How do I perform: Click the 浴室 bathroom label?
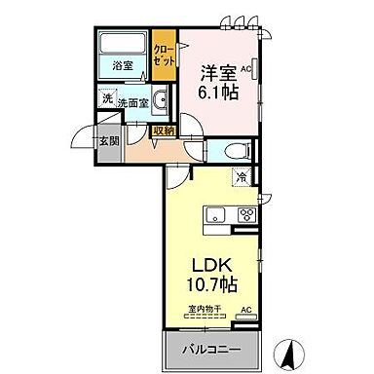coord(122,66)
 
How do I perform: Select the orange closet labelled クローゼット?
coord(164,56)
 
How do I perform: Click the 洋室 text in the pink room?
coord(218,71)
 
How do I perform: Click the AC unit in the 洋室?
coord(245,71)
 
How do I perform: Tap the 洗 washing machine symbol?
coord(103,97)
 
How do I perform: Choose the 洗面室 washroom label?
coord(130,101)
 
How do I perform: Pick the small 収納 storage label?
coord(164,131)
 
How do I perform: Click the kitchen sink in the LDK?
coord(214,215)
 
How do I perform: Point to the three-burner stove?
coord(245,215)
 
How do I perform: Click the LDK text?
coord(214,265)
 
